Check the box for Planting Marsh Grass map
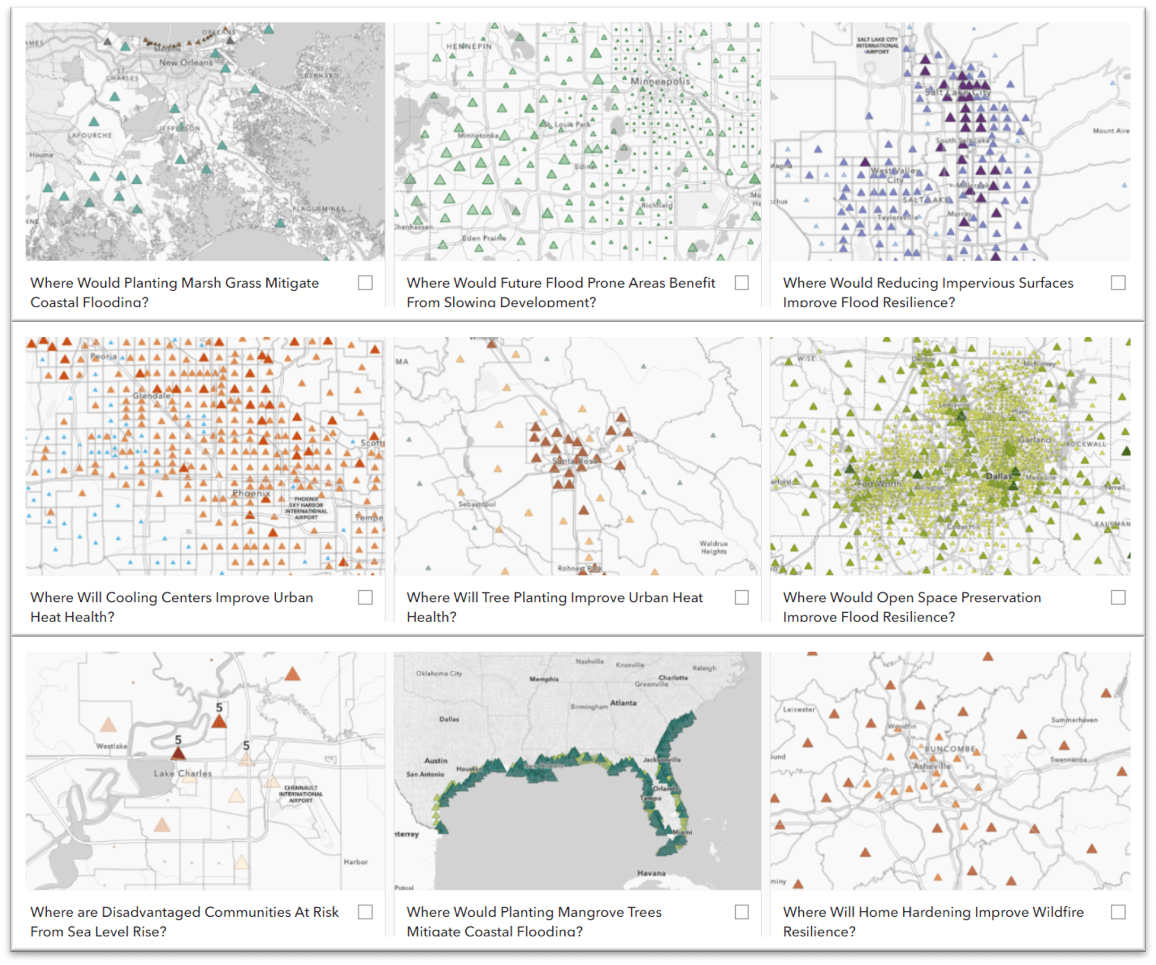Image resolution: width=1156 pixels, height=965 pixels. [x=365, y=282]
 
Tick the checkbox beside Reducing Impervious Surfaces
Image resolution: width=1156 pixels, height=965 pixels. [x=1118, y=282]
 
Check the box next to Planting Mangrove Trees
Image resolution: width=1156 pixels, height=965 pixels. [x=741, y=912]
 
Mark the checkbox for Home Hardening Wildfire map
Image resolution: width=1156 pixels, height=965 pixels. [x=1118, y=912]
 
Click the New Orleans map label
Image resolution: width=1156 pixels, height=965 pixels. [x=186, y=62]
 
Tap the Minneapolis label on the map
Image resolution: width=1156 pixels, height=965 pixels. [x=660, y=81]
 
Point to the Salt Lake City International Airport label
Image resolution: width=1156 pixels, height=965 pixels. [x=877, y=46]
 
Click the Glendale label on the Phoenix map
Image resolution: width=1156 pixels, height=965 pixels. [x=152, y=396]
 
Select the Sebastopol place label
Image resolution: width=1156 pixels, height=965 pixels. [x=477, y=504]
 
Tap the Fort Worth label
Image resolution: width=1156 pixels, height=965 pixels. [x=879, y=483]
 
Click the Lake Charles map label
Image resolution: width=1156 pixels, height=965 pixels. [x=182, y=773]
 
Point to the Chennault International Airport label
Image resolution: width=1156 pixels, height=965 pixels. [x=300, y=794]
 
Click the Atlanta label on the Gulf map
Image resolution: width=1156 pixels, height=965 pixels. [x=623, y=702]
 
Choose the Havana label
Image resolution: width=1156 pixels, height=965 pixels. [x=651, y=873]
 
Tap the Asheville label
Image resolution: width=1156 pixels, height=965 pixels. [x=932, y=766]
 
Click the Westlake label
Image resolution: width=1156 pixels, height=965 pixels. [x=112, y=746]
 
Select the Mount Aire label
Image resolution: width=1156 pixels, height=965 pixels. [x=1111, y=130]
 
